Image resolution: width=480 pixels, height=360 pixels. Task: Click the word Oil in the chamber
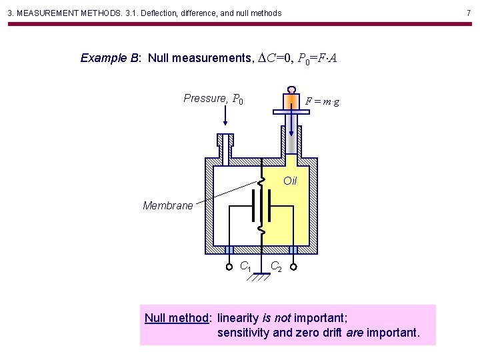click(290, 181)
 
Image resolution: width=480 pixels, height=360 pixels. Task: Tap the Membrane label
click(167, 205)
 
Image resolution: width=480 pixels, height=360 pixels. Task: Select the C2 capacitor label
click(276, 267)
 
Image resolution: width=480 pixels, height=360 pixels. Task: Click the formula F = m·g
click(322, 101)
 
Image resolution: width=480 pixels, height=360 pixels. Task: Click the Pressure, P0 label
click(213, 99)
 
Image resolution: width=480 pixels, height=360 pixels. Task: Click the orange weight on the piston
click(292, 102)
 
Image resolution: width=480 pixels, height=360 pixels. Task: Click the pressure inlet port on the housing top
click(225, 143)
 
